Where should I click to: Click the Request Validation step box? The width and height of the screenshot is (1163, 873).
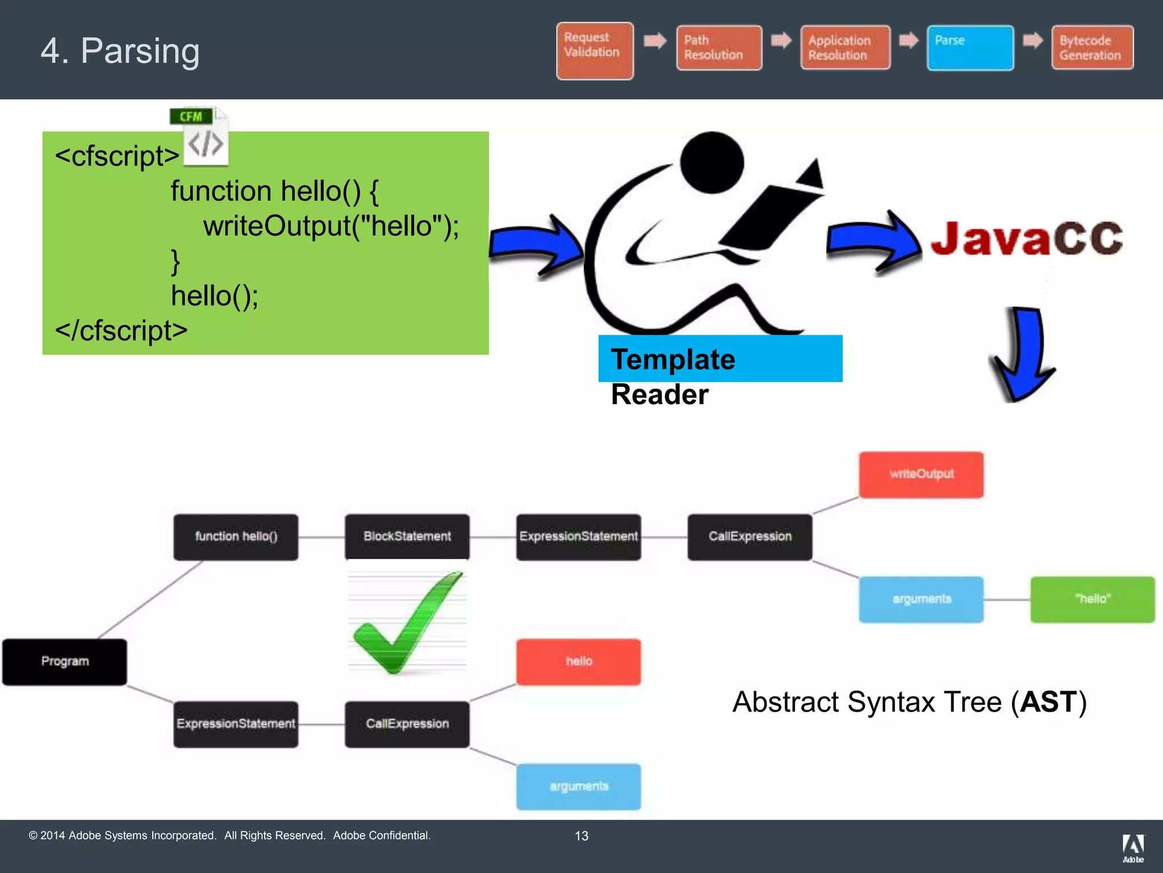[x=595, y=51]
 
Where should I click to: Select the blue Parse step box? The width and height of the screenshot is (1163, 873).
[x=970, y=48]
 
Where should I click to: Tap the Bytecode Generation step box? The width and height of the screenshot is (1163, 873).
[x=1092, y=48]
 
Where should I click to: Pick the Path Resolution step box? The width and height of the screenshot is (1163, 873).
[x=719, y=48]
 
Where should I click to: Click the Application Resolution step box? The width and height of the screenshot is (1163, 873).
[x=845, y=48]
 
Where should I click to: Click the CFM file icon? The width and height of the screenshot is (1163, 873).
[x=200, y=136]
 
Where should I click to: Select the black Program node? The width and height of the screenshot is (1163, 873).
[x=65, y=662]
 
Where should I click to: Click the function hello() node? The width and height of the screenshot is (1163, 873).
[x=236, y=537]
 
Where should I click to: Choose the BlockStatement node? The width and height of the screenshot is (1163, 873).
[x=407, y=537]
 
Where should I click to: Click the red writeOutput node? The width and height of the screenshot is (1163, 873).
[x=921, y=475]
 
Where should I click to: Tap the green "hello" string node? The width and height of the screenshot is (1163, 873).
[x=1092, y=599]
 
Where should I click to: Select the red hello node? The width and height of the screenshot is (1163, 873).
[x=579, y=662]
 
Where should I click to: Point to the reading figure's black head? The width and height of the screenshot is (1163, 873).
[x=712, y=163]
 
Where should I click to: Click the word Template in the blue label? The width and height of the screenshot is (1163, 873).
[x=673, y=359]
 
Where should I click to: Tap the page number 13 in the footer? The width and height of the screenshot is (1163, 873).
[x=581, y=835]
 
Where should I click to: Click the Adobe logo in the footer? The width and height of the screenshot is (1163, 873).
[x=1133, y=847]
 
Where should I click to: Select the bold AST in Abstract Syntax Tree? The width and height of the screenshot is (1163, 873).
[x=1048, y=702]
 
